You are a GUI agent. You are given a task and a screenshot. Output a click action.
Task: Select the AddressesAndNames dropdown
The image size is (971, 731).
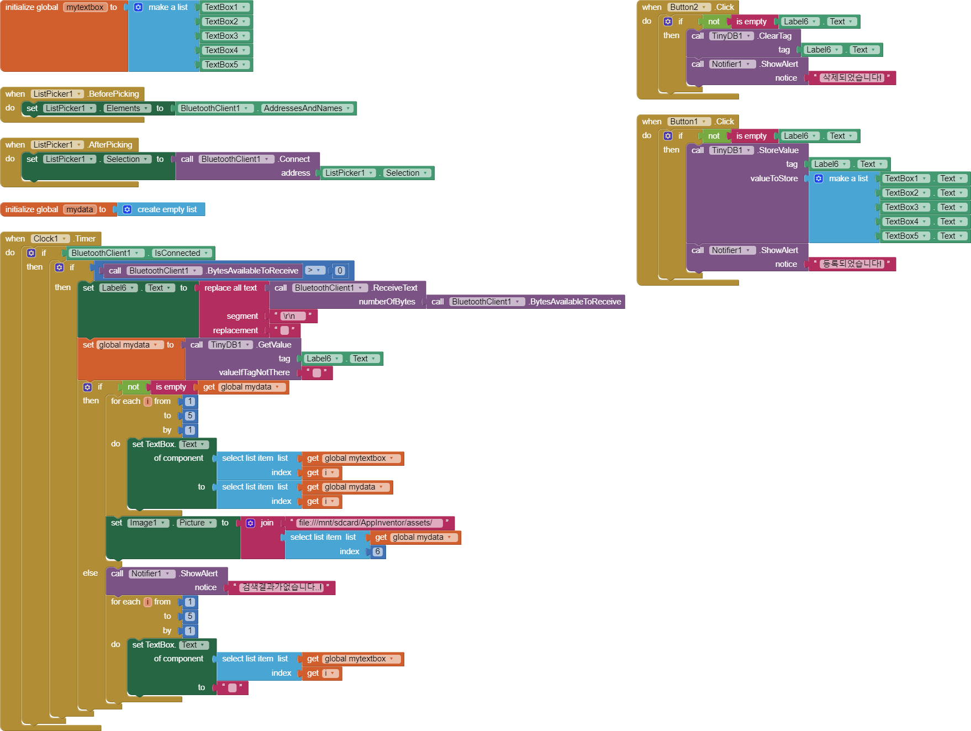(307, 108)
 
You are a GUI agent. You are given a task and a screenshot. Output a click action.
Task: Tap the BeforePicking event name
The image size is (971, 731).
(114, 94)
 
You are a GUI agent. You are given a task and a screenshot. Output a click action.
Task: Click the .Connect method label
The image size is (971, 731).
(294, 159)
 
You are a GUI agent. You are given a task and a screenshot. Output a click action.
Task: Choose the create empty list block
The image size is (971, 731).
(166, 209)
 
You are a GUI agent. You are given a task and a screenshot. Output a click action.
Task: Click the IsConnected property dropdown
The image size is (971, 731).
(181, 253)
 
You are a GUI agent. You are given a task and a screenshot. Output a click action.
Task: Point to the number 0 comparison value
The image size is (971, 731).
(340, 271)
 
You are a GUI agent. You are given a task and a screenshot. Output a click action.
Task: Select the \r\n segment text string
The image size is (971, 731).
(292, 316)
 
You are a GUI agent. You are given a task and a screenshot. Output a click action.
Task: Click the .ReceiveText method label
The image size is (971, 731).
(394, 288)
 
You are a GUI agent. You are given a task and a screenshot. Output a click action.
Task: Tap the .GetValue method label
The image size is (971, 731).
(275, 345)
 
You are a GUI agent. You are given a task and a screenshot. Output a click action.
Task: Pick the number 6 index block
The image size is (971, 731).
(378, 551)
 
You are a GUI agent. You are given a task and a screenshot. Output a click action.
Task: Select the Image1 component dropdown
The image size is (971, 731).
(147, 523)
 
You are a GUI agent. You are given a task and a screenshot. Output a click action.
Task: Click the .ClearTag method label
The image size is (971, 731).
(775, 36)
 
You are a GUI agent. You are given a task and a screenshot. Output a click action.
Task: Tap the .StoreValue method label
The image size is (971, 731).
(778, 150)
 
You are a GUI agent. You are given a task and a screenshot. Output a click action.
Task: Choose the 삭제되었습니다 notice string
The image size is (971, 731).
(852, 78)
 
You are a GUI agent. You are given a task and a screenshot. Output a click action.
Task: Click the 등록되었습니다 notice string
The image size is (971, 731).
(852, 264)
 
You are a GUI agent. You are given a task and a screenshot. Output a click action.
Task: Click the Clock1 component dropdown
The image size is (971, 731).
(50, 239)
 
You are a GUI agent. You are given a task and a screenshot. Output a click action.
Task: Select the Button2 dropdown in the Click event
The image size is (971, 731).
(688, 7)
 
